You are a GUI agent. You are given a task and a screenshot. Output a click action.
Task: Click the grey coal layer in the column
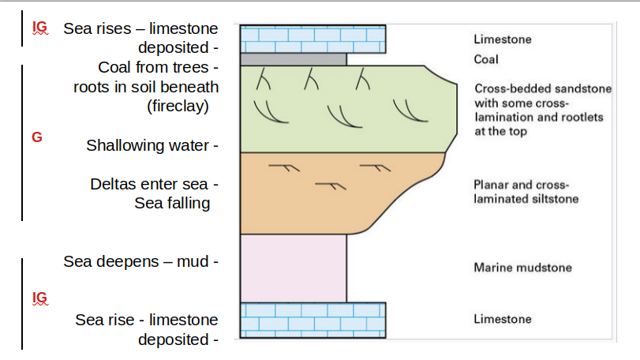[294, 59]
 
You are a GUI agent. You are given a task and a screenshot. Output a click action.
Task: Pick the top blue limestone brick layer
[313, 39]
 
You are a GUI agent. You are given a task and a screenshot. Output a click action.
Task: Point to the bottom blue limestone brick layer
[313, 319]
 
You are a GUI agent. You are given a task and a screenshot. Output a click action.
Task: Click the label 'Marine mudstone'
[522, 268]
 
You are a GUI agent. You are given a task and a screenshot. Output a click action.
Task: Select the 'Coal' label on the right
[486, 59]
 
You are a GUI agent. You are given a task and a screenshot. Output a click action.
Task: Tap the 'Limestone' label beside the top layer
[503, 39]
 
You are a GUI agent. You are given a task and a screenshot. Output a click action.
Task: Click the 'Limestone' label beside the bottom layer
[503, 319]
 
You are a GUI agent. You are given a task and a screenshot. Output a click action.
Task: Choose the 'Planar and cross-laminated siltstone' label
[526, 192]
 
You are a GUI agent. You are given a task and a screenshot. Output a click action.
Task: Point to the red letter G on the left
[36, 137]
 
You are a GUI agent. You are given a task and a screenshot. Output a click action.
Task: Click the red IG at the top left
[39, 28]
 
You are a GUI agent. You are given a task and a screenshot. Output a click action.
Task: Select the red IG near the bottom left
[39, 297]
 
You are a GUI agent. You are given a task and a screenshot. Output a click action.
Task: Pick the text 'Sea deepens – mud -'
[140, 261]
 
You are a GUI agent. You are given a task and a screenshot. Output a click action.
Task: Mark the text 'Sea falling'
[172, 203]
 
